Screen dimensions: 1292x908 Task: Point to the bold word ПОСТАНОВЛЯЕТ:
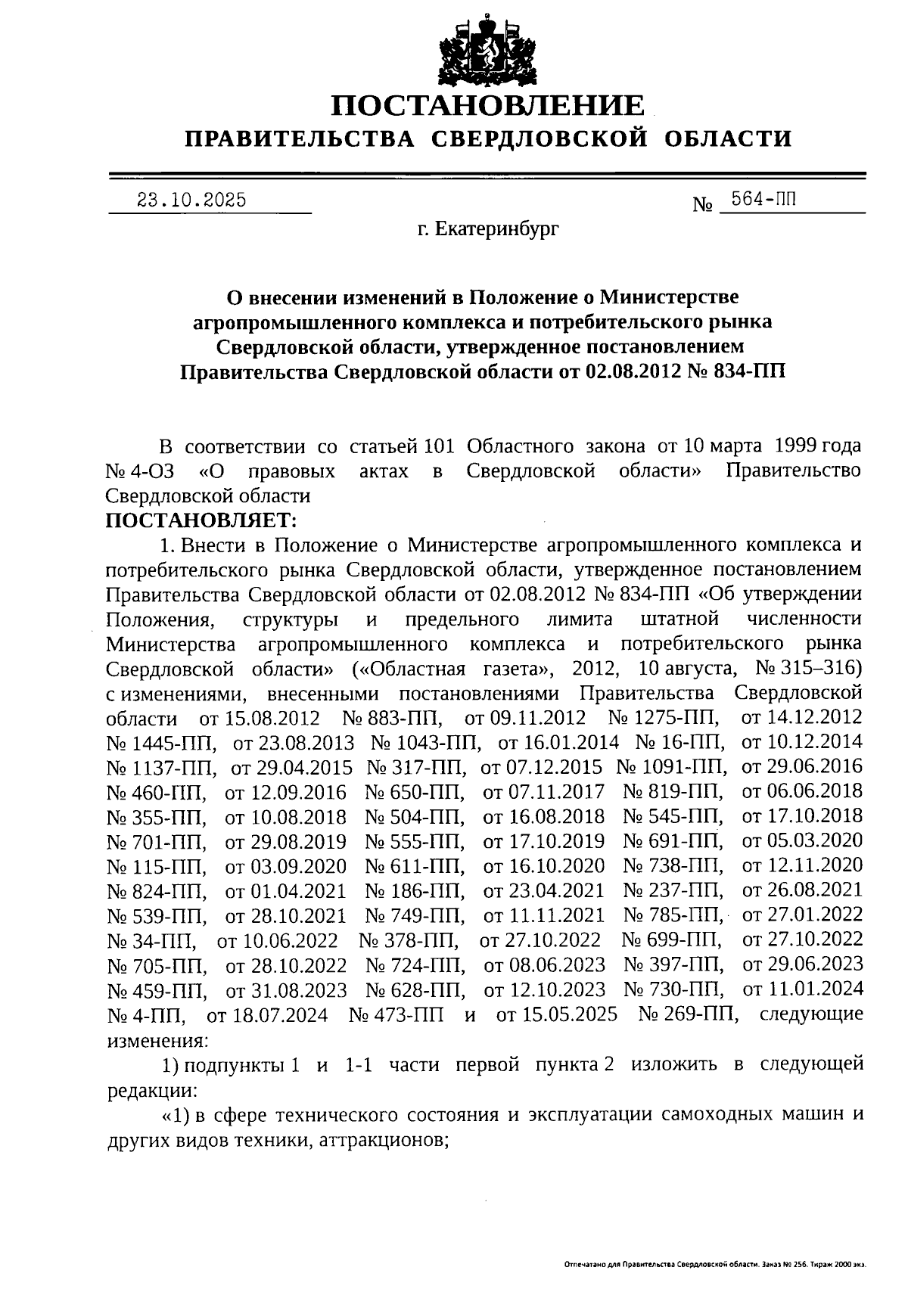point(201,520)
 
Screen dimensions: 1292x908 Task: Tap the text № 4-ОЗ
point(140,471)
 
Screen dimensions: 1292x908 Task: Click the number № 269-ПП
point(687,1014)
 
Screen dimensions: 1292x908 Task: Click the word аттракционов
point(379,1139)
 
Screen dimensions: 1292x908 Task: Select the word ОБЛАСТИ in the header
point(728,138)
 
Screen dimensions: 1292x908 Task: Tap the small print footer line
point(714,1265)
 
